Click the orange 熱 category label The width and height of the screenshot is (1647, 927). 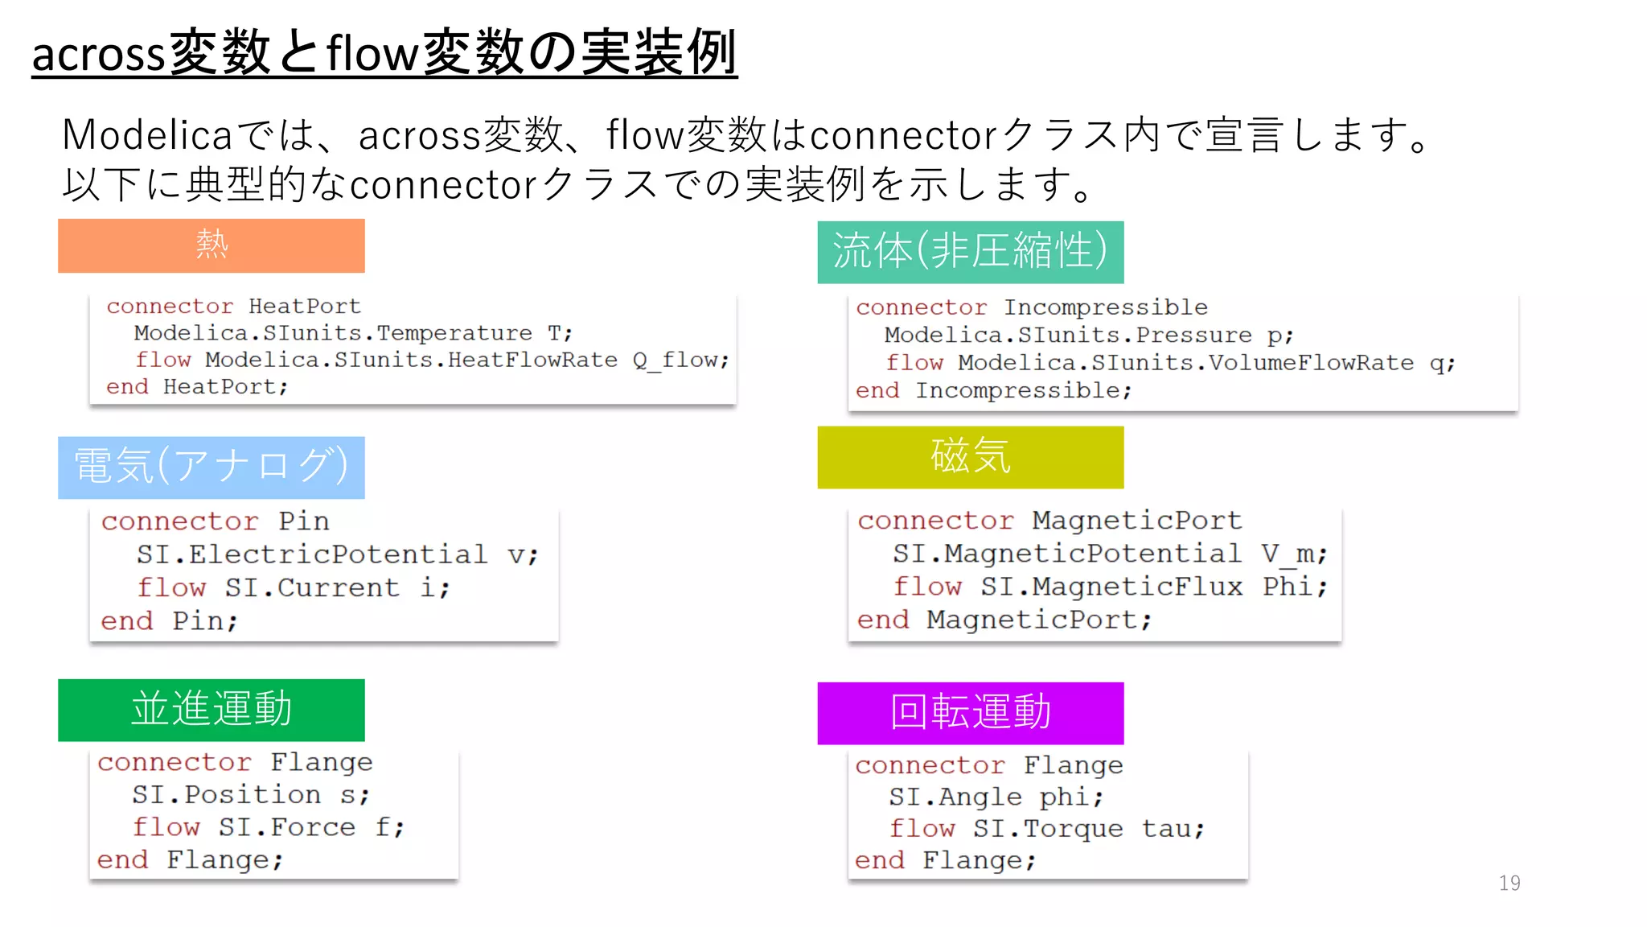[x=211, y=245]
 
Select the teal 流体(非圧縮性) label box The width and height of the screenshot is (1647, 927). [x=970, y=252]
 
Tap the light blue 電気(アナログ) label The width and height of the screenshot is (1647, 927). [x=211, y=467]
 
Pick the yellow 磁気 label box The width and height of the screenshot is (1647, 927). [x=970, y=457]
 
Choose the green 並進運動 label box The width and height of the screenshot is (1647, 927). [x=211, y=710]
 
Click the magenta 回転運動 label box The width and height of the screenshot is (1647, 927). [x=970, y=713]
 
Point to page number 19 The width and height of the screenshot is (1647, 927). [x=1509, y=884]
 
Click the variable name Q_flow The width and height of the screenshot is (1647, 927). [x=680, y=360]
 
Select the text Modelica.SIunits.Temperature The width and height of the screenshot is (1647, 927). [x=333, y=333]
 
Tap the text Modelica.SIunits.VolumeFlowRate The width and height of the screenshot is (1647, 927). [x=1185, y=363]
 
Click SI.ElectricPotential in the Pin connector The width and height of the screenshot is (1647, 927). [x=312, y=554]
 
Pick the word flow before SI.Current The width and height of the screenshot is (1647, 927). [x=171, y=587]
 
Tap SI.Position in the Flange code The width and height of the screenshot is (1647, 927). [x=226, y=795]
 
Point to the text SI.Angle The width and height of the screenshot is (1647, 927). [x=955, y=797]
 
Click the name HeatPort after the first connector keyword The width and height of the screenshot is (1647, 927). [x=304, y=307]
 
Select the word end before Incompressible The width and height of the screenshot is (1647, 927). [x=877, y=391]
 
